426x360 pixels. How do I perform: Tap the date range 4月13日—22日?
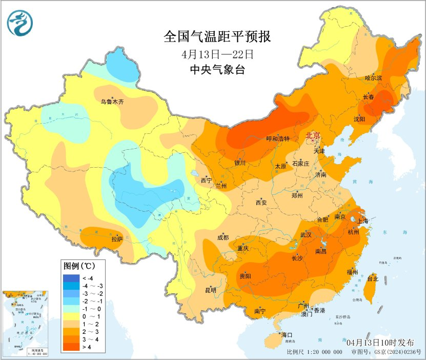[217, 54]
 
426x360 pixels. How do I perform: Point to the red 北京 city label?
[313, 135]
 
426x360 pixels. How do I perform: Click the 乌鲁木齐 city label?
[112, 102]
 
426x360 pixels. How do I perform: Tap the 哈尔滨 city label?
[374, 78]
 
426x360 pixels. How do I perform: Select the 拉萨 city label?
[117, 238]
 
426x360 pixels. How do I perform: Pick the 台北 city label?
[373, 278]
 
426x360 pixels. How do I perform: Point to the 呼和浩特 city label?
[278, 138]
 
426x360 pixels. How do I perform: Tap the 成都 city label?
[223, 237]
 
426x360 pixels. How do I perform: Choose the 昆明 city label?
[211, 290]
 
